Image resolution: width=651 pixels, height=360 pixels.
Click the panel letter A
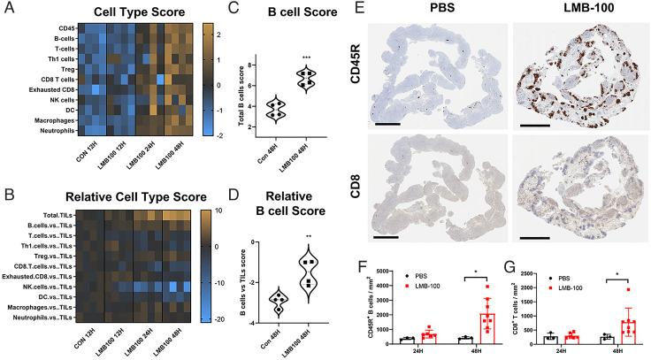(8, 9)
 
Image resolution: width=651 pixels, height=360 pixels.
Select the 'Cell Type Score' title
(121, 11)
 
